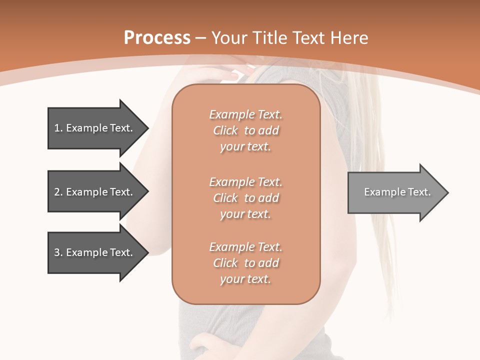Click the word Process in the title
tap(157, 38)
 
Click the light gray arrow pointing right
tap(395, 192)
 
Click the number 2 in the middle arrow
tap(57, 192)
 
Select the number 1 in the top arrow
tap(57, 128)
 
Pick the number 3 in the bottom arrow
tap(57, 252)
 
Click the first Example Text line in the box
tap(245, 114)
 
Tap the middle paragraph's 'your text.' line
tap(245, 214)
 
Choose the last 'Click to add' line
tap(245, 263)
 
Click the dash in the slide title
tap(201, 38)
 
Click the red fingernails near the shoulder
tap(235, 75)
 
